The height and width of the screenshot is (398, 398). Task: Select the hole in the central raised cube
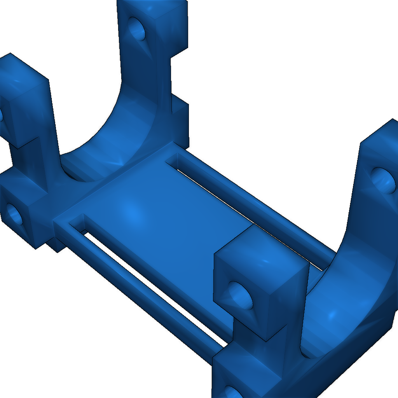click(239, 294)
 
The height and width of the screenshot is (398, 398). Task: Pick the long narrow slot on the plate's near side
click(155, 288)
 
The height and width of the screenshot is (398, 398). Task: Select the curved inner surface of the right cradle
click(342, 311)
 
